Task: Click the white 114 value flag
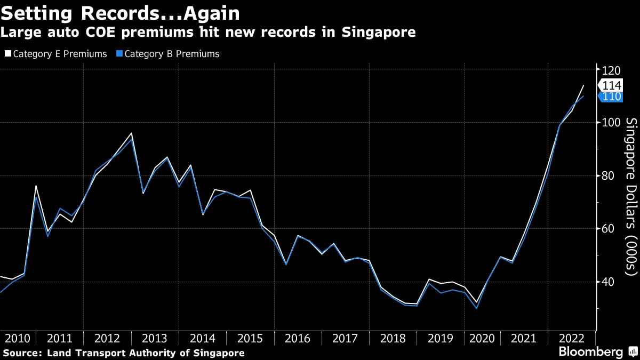click(x=611, y=85)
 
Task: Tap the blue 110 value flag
click(x=611, y=97)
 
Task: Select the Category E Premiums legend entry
click(x=55, y=54)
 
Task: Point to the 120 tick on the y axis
click(x=612, y=70)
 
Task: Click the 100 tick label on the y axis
click(x=612, y=123)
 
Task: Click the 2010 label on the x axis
click(x=17, y=339)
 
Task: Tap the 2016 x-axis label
click(x=298, y=339)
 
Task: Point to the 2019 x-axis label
click(x=441, y=339)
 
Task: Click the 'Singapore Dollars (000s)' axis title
click(x=631, y=197)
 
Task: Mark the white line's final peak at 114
click(x=583, y=85)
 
